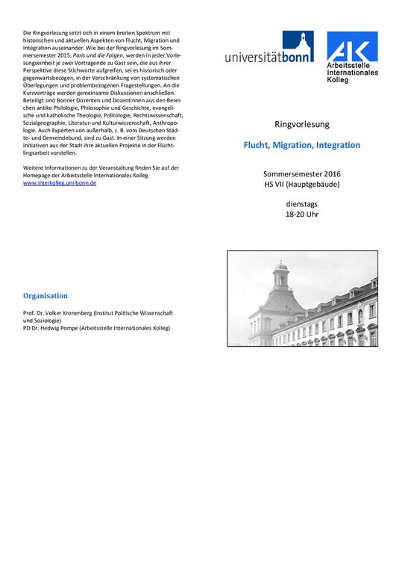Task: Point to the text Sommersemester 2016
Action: click(x=301, y=173)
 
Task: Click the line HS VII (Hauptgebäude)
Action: click(x=301, y=184)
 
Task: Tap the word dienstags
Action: click(x=301, y=203)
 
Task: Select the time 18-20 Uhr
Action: click(x=301, y=215)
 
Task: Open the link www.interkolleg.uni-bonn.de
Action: click(x=60, y=182)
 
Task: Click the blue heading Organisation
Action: click(x=45, y=295)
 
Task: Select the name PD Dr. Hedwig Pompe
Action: click(x=53, y=327)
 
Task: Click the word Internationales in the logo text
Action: click(x=355, y=72)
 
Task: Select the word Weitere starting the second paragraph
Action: click(x=36, y=167)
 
